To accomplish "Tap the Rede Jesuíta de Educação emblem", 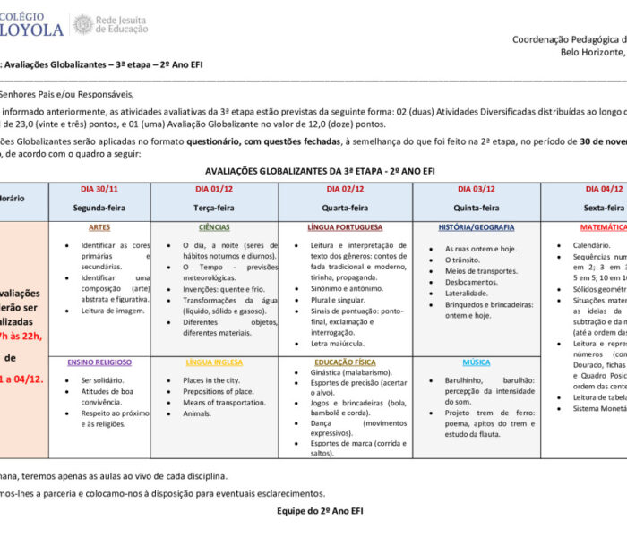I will pyautogui.click(x=82, y=24).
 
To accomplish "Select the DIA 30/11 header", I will pyautogui.click(x=99, y=189).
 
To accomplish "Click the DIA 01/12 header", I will pyautogui.click(x=214, y=189).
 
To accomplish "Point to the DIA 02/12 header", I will pyautogui.click(x=345, y=189).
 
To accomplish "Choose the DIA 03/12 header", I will pyautogui.click(x=477, y=189).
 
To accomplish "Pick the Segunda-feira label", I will pyautogui.click(x=99, y=208).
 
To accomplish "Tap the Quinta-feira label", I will pyautogui.click(x=477, y=208).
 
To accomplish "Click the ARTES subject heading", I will pyautogui.click(x=99, y=228).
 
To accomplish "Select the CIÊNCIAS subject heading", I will pyautogui.click(x=214, y=228).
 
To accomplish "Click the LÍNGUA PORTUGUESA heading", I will pyautogui.click(x=345, y=228).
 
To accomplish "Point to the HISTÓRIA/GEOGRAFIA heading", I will pyautogui.click(x=477, y=228).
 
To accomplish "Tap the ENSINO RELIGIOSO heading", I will pyautogui.click(x=99, y=362).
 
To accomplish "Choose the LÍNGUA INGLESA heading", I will pyautogui.click(x=214, y=362).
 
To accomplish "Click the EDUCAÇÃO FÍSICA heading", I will pyautogui.click(x=345, y=362).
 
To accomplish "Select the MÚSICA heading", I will pyautogui.click(x=477, y=362).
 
